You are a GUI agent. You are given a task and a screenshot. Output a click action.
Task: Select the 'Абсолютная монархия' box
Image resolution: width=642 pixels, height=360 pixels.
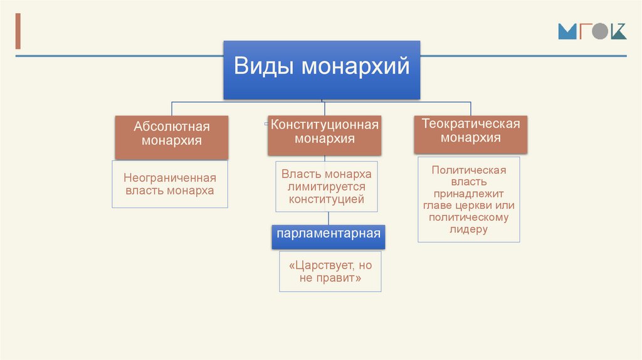(171, 137)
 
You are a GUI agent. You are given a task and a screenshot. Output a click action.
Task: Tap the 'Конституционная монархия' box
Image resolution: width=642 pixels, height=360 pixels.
(324, 134)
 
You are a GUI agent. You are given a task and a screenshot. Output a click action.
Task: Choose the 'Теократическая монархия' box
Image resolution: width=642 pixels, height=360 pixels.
(470, 133)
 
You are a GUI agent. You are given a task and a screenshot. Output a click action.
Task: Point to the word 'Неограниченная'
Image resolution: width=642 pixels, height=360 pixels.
(170, 178)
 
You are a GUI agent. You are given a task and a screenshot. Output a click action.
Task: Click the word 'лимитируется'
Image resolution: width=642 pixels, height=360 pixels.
(327, 187)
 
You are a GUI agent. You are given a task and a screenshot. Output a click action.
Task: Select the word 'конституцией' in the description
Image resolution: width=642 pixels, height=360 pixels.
(327, 199)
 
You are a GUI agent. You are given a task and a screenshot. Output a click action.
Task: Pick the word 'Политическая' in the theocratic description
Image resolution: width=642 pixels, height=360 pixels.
(469, 169)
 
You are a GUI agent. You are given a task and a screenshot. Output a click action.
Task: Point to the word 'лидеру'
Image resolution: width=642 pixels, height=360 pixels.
(468, 230)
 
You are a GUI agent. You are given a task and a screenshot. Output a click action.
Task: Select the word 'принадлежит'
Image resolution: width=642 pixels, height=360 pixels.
(469, 194)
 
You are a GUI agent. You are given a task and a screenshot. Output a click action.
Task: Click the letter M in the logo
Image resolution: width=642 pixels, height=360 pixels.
(567, 32)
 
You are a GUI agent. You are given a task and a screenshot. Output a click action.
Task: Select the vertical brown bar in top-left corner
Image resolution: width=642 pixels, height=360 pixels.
(18, 30)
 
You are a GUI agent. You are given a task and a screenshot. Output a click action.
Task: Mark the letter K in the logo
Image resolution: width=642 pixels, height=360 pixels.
(618, 32)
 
